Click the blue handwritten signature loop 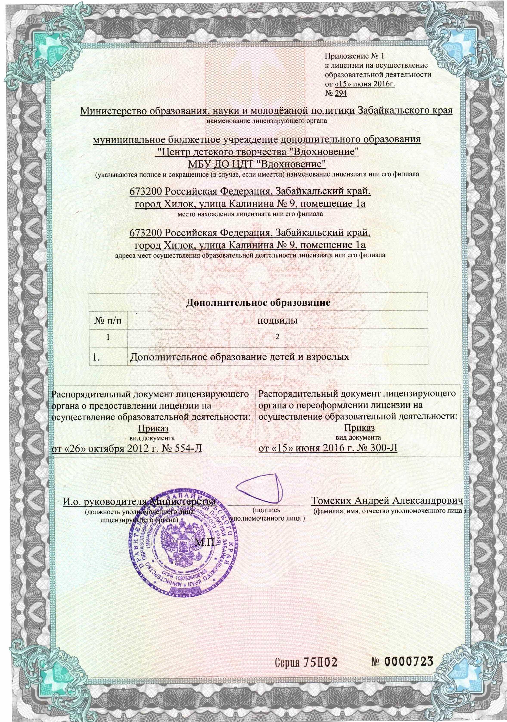[x=258, y=487]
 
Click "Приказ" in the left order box [x=153, y=429]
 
